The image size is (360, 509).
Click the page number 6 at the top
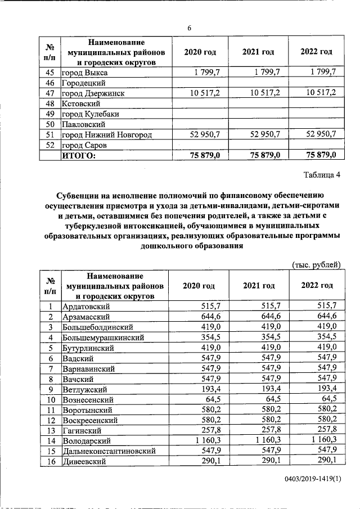pyautogui.click(x=190, y=29)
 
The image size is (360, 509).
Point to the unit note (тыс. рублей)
pyautogui.click(x=316, y=264)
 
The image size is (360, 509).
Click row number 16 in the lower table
pyautogui.click(x=50, y=461)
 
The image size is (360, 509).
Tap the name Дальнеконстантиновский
pyautogui.click(x=107, y=451)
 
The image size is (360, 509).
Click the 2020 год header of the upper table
pyautogui.click(x=200, y=52)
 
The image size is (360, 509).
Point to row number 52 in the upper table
pyautogui.click(x=49, y=145)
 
